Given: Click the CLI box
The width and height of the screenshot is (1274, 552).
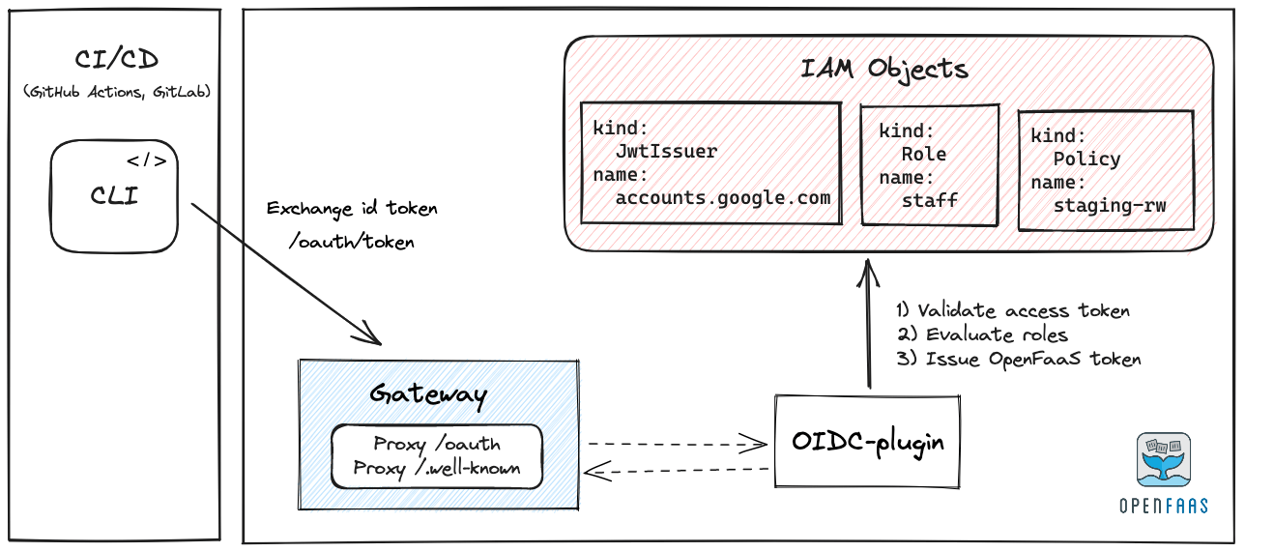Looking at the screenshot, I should [114, 196].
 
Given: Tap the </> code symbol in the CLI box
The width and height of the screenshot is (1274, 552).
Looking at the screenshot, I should [147, 161].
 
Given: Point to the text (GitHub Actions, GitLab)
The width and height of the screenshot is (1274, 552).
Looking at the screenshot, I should [116, 92].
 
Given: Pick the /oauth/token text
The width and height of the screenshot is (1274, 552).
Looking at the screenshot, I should [351, 242].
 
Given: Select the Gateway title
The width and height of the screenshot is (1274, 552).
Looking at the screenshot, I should [428, 394].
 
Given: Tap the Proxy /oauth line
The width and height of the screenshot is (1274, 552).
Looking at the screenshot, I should [437, 445].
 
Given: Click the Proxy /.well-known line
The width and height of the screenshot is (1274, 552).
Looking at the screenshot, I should [437, 468].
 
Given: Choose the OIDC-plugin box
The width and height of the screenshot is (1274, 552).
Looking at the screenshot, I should [867, 441].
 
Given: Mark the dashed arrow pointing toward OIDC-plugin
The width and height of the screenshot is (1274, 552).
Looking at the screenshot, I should [677, 445].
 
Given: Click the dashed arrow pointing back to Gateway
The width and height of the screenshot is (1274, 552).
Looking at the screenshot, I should [677, 471].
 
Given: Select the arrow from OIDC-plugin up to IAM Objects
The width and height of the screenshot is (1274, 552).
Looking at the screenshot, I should [869, 324].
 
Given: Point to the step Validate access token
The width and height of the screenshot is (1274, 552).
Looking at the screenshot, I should [1013, 310].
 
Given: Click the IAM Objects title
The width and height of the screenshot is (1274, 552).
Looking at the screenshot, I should [884, 69].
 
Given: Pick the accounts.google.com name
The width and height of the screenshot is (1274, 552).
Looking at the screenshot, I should [723, 198].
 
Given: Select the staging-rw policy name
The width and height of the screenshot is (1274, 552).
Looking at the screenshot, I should [1110, 206].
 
